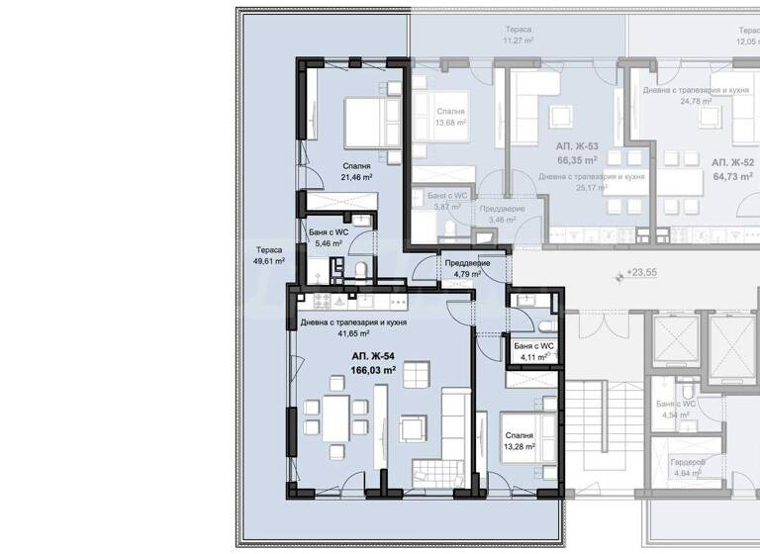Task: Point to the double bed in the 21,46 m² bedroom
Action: (x=367, y=123)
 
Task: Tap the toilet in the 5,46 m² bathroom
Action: (x=360, y=269)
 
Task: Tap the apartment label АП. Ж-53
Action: (x=578, y=145)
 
